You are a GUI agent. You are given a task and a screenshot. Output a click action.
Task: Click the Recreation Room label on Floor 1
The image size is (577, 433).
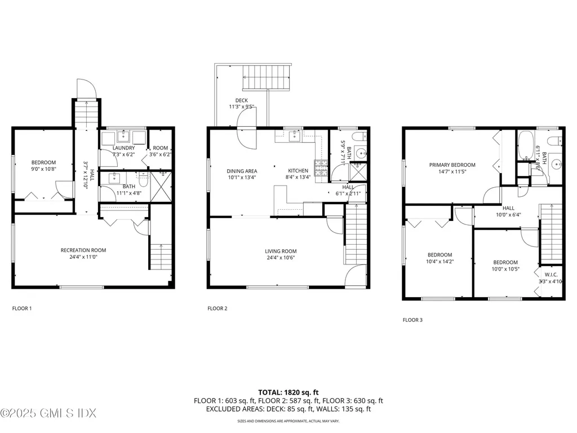point(83,250)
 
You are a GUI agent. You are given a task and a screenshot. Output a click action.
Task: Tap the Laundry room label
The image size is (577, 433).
point(123,148)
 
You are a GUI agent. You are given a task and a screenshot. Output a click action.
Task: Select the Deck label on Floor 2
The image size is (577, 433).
point(242,100)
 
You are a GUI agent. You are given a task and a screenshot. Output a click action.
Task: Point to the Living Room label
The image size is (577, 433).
point(281,251)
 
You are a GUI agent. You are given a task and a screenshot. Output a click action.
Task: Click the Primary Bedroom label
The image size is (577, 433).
point(452,165)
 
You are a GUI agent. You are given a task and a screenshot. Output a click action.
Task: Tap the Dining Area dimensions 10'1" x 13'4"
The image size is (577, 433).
point(242,177)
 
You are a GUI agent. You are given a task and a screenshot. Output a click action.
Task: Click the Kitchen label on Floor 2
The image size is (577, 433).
point(298,170)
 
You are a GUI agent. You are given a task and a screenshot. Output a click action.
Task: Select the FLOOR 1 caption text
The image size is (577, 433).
point(22,308)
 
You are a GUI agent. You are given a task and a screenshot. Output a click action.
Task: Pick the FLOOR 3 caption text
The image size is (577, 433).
point(412,320)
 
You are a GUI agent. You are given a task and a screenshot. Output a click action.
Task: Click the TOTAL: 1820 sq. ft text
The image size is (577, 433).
point(288,392)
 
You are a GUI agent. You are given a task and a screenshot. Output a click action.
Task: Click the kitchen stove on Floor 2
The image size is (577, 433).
point(321,167)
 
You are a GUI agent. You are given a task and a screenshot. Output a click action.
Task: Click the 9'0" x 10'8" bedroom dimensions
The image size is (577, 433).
point(43,169)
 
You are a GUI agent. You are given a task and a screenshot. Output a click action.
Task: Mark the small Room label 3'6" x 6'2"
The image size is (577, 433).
point(161,154)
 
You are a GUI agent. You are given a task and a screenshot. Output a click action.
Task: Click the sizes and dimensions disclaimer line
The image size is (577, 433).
point(288,421)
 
